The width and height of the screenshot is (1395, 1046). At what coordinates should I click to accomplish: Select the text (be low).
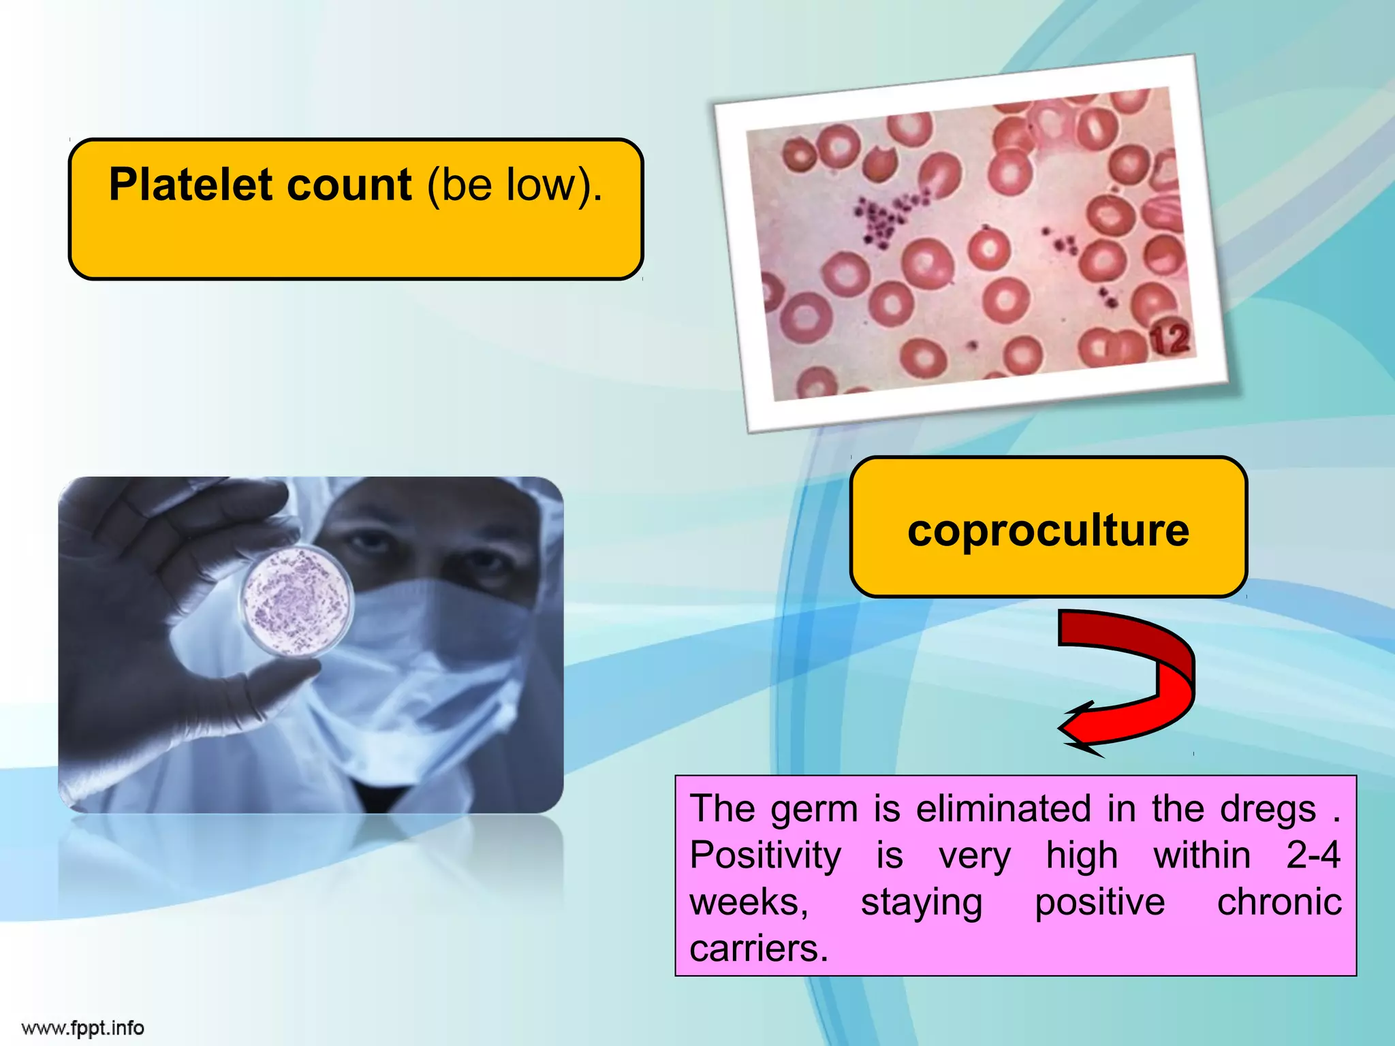[x=515, y=185]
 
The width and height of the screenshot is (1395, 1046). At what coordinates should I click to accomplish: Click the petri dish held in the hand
[x=297, y=599]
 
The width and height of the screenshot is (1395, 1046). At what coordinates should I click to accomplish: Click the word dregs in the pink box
[x=1268, y=809]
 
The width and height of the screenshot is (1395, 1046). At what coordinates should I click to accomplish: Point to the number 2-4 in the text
[x=1313, y=855]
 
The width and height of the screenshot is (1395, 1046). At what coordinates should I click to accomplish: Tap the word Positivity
[x=765, y=855]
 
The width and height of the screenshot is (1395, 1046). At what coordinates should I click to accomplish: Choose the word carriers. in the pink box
[x=758, y=948]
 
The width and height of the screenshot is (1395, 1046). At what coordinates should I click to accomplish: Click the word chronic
[x=1279, y=902]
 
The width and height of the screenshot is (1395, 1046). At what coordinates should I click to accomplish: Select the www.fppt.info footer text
[x=83, y=1028]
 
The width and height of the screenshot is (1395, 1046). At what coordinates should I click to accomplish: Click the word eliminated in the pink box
[x=1003, y=809]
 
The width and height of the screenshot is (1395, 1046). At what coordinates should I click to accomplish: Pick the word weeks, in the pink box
[x=749, y=902]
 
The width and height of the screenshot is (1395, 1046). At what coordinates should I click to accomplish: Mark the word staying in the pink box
[x=922, y=902]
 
